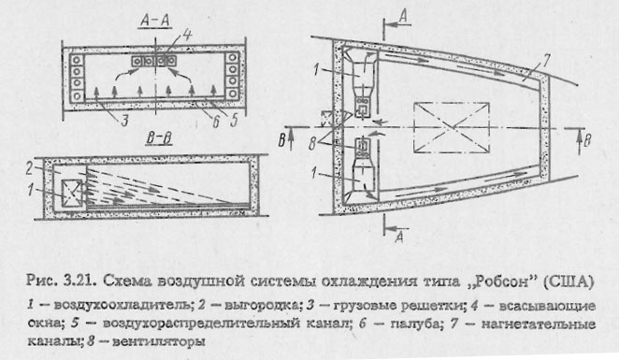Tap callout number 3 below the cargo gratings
point(95,119)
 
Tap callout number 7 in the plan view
point(528,72)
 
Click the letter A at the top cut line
point(401,12)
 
